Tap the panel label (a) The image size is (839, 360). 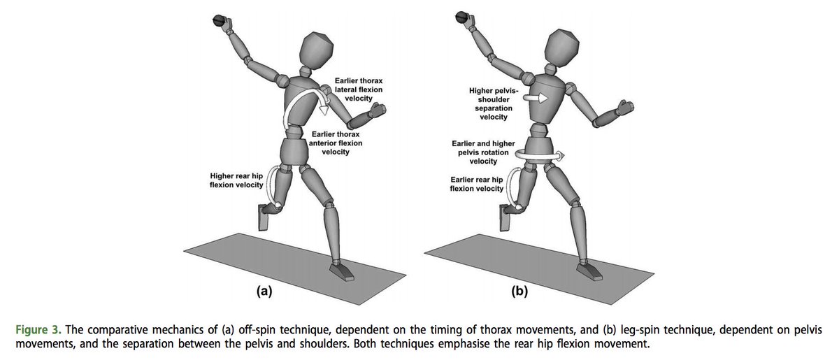264,292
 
